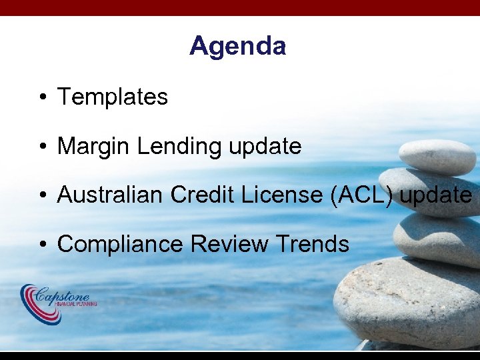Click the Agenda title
tap(237, 46)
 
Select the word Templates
tap(113, 97)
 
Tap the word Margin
tap(94, 146)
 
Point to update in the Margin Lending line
tap(265, 146)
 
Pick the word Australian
tap(111, 195)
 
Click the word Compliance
tap(121, 244)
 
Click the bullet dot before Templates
tap(42, 98)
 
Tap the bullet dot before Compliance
tap(42, 245)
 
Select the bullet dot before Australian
tap(42, 195)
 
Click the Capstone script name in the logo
tap(67, 295)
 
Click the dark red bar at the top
tap(240, 7)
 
